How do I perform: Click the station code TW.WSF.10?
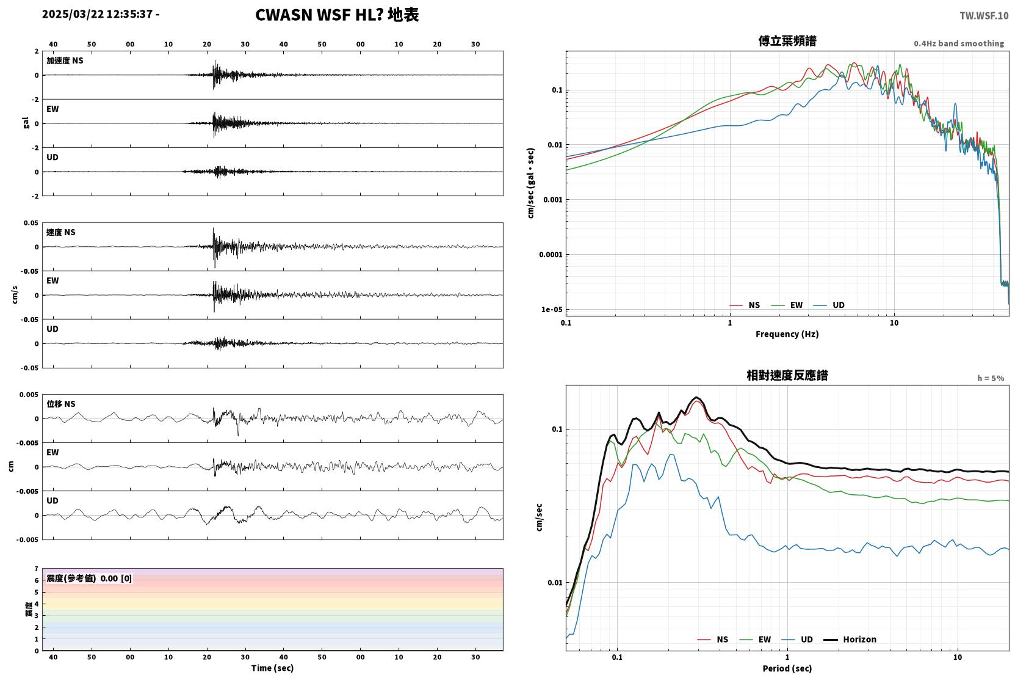point(984,15)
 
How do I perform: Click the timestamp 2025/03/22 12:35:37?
point(98,14)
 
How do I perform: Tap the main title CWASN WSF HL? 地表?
point(337,15)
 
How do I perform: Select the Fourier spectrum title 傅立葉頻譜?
point(787,41)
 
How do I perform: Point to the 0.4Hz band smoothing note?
point(959,43)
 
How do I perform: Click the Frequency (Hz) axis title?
point(787,334)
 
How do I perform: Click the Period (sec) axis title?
point(787,668)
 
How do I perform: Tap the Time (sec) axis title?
point(272,668)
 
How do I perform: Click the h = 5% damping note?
point(991,378)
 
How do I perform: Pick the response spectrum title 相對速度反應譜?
point(787,375)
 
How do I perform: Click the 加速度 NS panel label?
point(65,60)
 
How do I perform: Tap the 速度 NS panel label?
point(60,232)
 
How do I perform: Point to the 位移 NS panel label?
point(60,404)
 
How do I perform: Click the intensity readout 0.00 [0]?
point(116,579)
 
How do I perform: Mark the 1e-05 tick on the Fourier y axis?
point(552,309)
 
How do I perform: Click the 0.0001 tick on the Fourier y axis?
point(551,255)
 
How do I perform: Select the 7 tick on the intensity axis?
point(37,569)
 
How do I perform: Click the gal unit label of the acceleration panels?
point(26,123)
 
